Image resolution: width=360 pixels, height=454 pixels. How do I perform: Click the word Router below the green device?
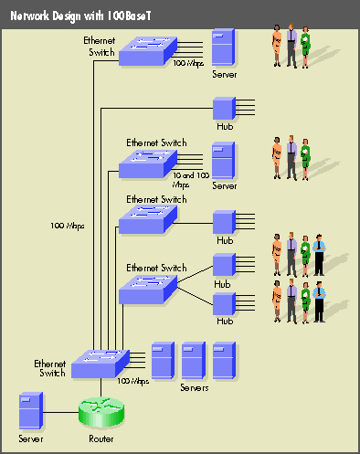[101, 439]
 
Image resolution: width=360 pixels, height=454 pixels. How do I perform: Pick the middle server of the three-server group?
[193, 361]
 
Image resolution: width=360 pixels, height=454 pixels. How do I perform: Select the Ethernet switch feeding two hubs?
[147, 288]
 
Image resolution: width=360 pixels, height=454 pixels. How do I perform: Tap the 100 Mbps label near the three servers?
[133, 381]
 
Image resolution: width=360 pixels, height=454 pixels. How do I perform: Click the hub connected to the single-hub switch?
[224, 222]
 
